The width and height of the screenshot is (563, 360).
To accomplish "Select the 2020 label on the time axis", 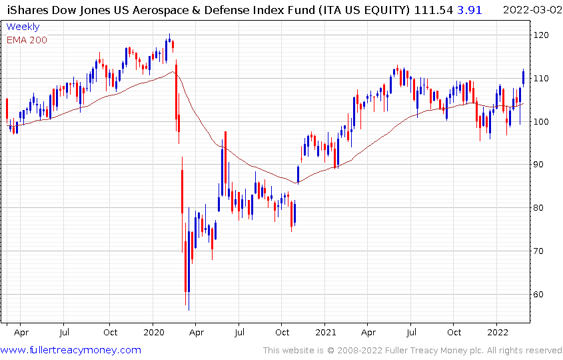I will [x=153, y=331].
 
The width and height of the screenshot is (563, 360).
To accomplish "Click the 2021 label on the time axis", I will [x=325, y=331].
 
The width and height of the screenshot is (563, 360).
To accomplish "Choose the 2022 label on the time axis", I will [x=498, y=331].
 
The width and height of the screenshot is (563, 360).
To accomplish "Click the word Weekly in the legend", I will [x=23, y=27].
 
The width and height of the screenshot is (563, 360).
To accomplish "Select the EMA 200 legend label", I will [x=27, y=39].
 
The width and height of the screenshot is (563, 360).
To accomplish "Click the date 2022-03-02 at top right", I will [x=531, y=9].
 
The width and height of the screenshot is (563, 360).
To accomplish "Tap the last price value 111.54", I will [x=432, y=9].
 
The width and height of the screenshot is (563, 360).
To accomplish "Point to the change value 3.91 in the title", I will [x=468, y=9].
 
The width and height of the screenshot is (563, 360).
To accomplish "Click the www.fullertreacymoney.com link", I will [x=71, y=350].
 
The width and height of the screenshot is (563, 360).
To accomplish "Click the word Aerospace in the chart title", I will [x=190, y=9].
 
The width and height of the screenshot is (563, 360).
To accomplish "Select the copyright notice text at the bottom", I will [x=412, y=351].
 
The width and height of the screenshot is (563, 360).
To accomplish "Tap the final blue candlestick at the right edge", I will [x=524, y=77].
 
